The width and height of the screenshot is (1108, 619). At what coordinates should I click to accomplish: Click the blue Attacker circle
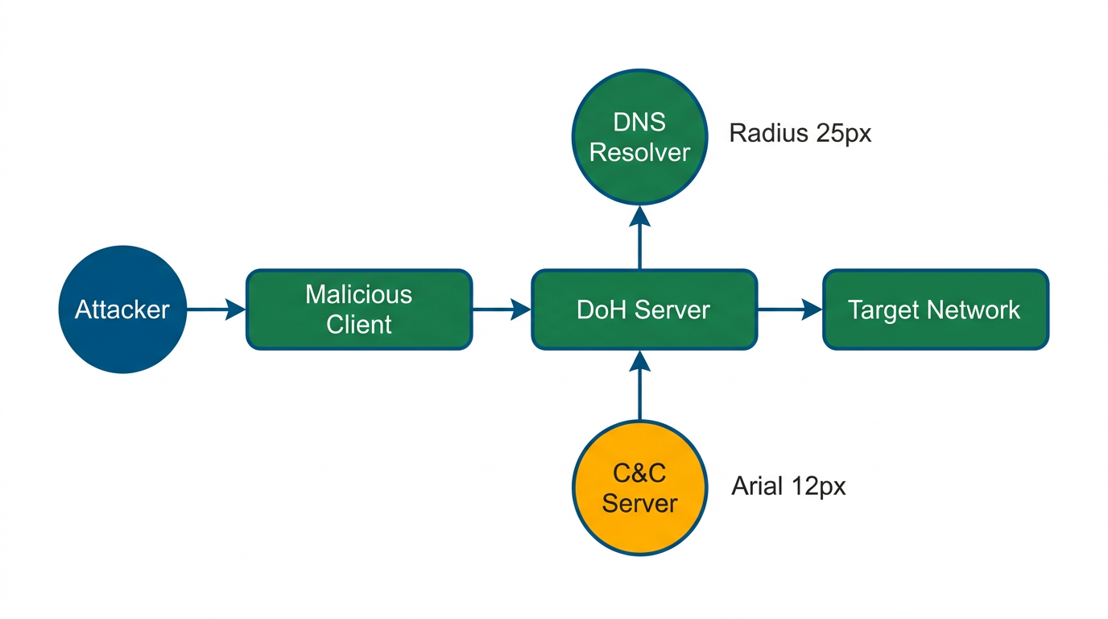coord(122,309)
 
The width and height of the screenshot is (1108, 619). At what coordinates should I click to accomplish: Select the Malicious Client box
coord(358,309)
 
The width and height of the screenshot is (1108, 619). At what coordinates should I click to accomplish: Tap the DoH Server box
coord(644,309)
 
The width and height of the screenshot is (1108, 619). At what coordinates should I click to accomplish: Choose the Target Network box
coord(935,309)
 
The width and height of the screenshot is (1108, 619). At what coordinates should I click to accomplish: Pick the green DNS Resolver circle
coord(640,137)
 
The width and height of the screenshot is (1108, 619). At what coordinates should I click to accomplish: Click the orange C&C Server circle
coord(640,488)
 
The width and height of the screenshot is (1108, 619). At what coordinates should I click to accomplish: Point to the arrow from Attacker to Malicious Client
coord(216,309)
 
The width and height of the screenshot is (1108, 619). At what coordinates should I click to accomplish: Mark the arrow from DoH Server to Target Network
coord(789,309)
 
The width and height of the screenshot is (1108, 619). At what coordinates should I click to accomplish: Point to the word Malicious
coord(358,294)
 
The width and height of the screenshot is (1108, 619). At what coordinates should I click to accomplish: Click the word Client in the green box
coord(358,324)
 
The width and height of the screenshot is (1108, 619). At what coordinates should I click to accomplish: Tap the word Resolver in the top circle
coord(640,152)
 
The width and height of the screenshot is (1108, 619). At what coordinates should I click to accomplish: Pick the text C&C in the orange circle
coord(640,472)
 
